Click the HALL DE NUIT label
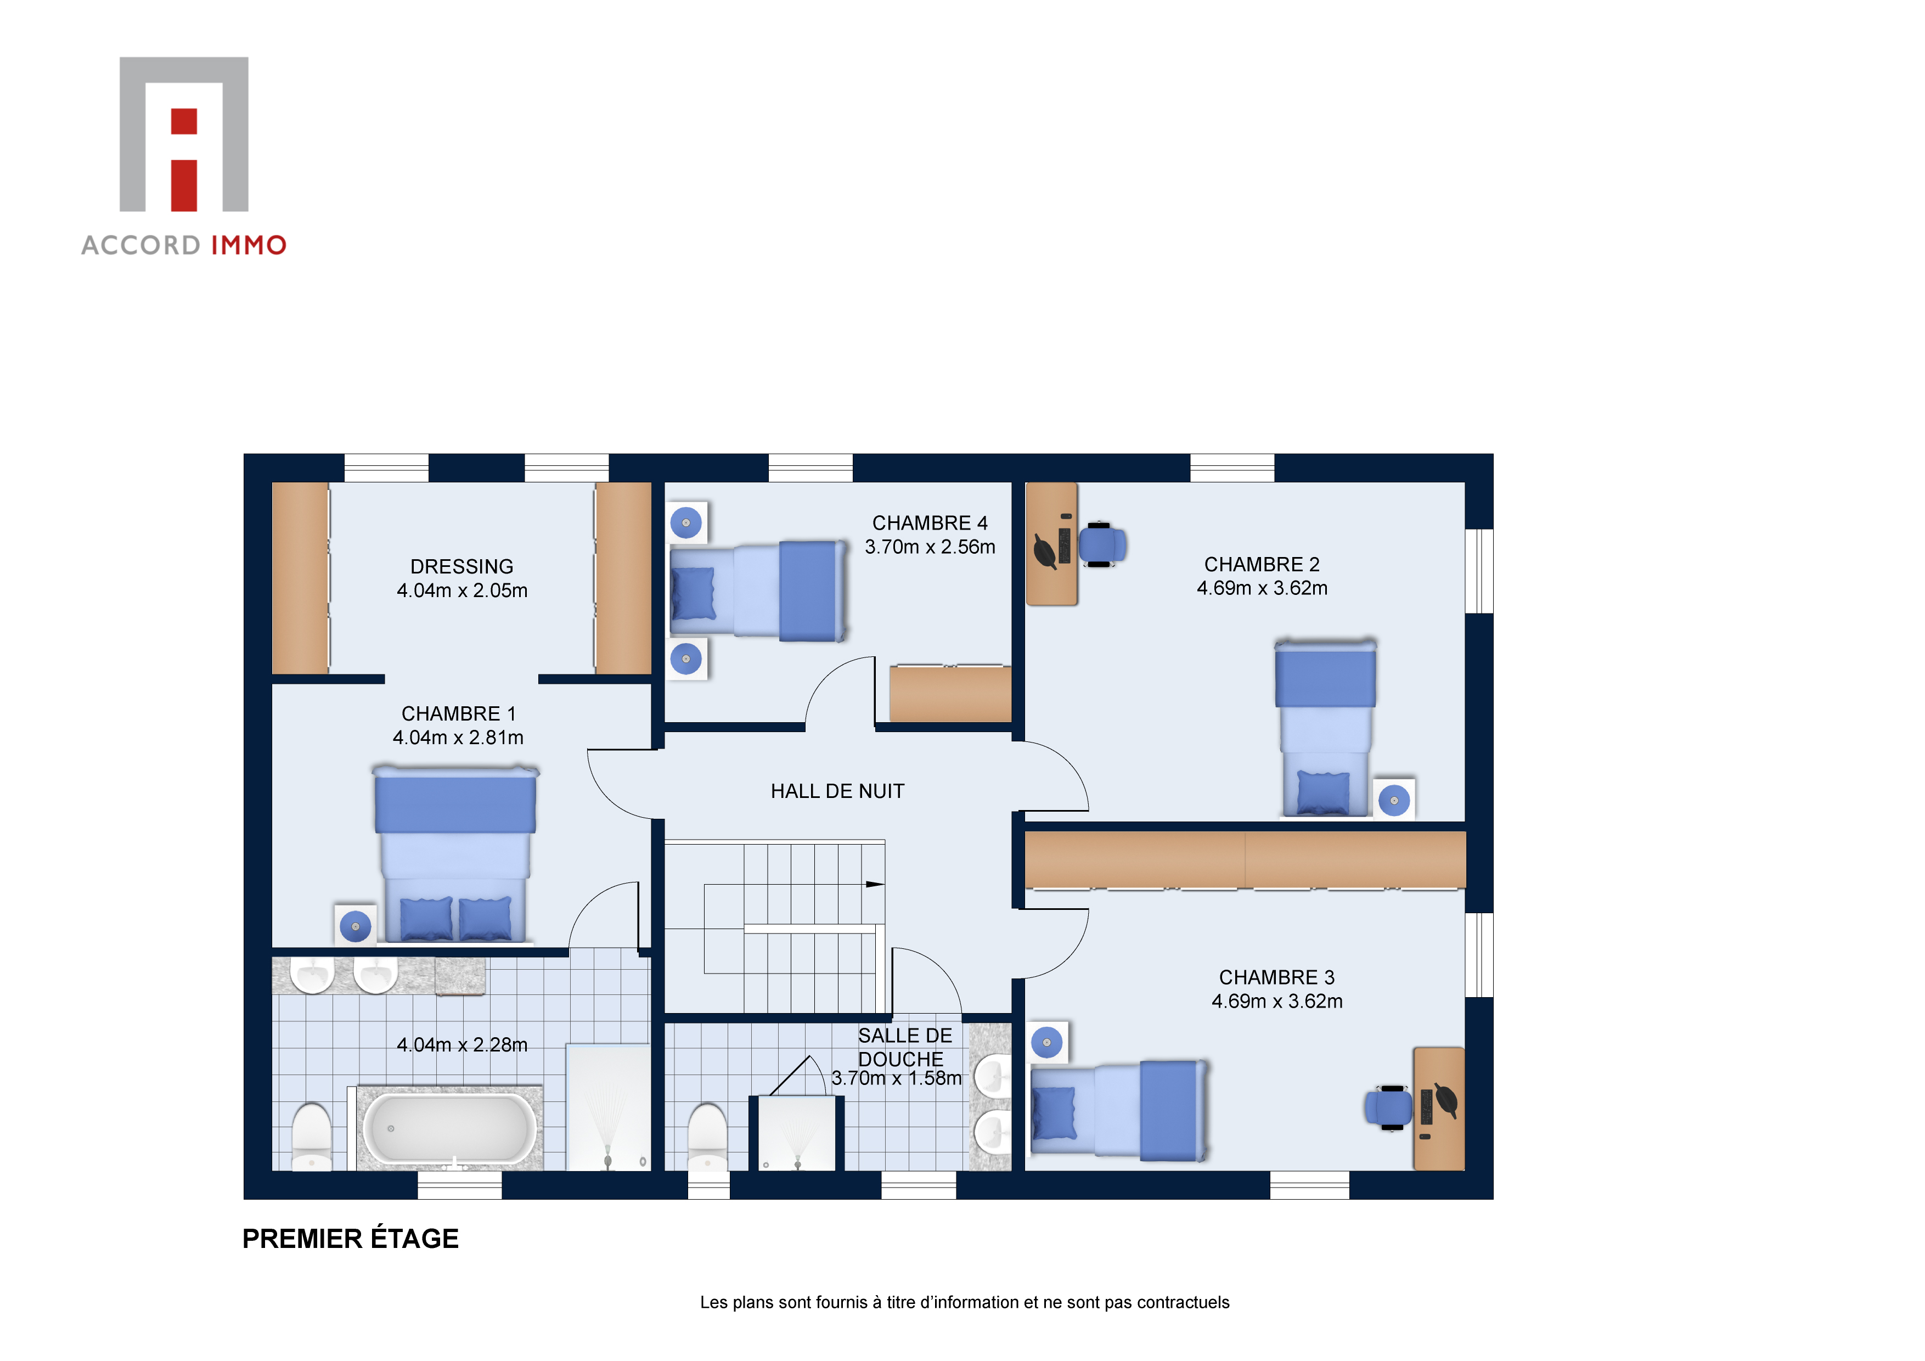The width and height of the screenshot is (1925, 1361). point(837,791)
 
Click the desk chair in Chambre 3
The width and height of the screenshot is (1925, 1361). point(1389,1108)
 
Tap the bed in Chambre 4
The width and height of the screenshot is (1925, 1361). point(758,590)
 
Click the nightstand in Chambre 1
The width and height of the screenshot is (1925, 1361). point(356,926)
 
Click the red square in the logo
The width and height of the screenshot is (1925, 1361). point(184,122)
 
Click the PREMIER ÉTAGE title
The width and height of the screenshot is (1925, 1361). point(351,1239)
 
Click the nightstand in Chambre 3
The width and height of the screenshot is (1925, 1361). point(1047,1042)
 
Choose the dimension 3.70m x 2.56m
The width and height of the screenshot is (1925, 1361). point(930,547)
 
